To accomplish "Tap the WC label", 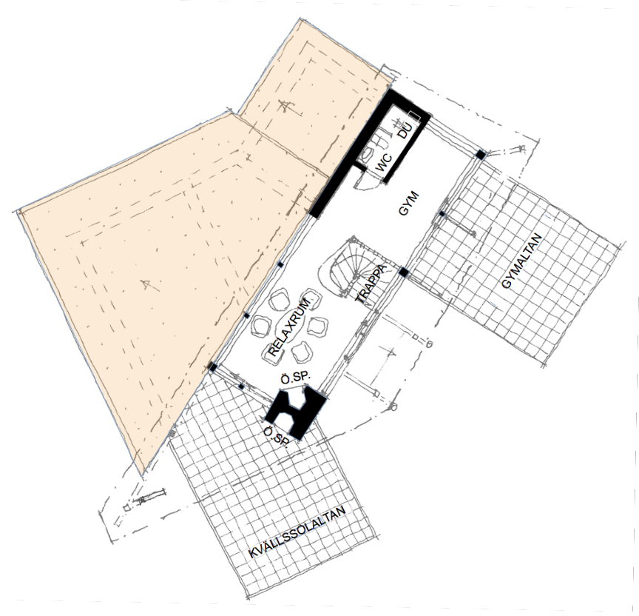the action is coord(384,162).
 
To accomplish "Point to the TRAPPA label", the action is coord(371,284).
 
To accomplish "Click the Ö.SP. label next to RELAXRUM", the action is coord(296,378).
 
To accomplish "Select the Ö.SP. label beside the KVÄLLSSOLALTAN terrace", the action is coord(277,437).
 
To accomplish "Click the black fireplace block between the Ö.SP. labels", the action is coord(296,412).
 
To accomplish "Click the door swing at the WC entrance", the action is coord(367,178).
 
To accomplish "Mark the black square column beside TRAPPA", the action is coord(403,272).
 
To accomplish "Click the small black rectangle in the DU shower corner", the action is coord(414,115).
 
